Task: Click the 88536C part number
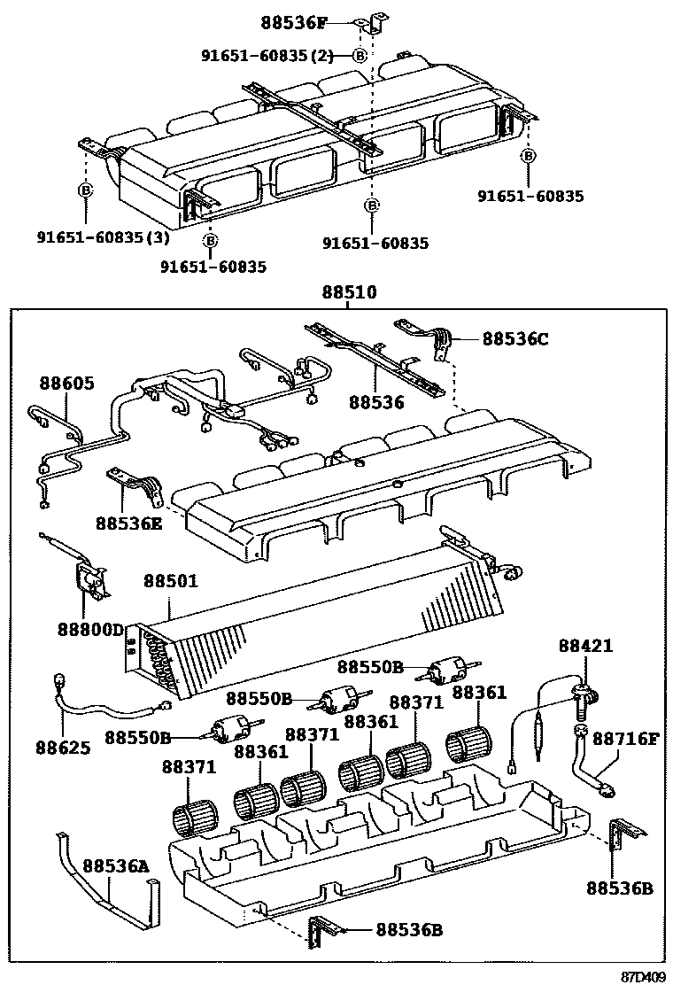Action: coord(516,338)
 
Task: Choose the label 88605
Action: coord(66,384)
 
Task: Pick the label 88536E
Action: coord(129,523)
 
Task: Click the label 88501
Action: coord(171,581)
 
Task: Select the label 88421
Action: coord(585,647)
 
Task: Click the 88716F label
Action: coord(626,737)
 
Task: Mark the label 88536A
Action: coord(116,865)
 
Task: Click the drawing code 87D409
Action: coord(642,976)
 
